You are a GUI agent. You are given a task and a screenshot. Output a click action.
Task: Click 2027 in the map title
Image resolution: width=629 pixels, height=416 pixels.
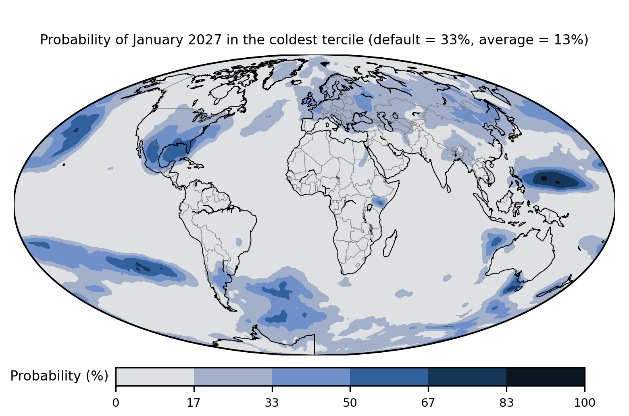[205, 40]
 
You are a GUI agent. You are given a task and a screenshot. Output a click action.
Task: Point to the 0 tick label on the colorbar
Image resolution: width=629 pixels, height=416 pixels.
[116, 403]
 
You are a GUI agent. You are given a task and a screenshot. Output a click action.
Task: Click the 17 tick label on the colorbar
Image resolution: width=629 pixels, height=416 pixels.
[194, 403]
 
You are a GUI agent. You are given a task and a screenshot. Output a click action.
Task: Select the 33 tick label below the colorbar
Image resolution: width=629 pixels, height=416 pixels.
[272, 403]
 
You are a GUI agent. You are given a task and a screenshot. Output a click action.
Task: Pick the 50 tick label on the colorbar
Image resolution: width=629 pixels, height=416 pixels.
[350, 403]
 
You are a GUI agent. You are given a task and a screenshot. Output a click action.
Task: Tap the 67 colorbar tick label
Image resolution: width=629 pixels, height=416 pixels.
[428, 403]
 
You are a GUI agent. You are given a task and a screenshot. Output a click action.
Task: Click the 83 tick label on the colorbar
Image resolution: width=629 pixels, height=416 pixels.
[506, 403]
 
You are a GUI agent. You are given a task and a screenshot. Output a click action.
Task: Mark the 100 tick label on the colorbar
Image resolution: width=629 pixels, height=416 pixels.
[585, 403]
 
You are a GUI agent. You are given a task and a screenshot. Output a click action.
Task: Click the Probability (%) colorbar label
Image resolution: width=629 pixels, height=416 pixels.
[59, 376]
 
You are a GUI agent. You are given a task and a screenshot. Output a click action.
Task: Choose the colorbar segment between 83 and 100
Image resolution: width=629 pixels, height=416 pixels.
[546, 376]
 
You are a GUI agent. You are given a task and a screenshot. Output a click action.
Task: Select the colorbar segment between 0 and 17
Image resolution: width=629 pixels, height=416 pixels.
[155, 376]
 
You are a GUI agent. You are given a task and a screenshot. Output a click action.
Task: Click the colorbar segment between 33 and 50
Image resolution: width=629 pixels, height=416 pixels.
[311, 376]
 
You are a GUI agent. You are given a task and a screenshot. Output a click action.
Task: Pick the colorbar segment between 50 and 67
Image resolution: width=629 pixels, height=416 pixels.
[389, 376]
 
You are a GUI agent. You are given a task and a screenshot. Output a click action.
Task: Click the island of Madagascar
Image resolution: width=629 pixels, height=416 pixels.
[390, 244]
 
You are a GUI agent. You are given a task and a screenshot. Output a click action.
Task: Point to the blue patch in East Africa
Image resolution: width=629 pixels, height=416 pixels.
[379, 202]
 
